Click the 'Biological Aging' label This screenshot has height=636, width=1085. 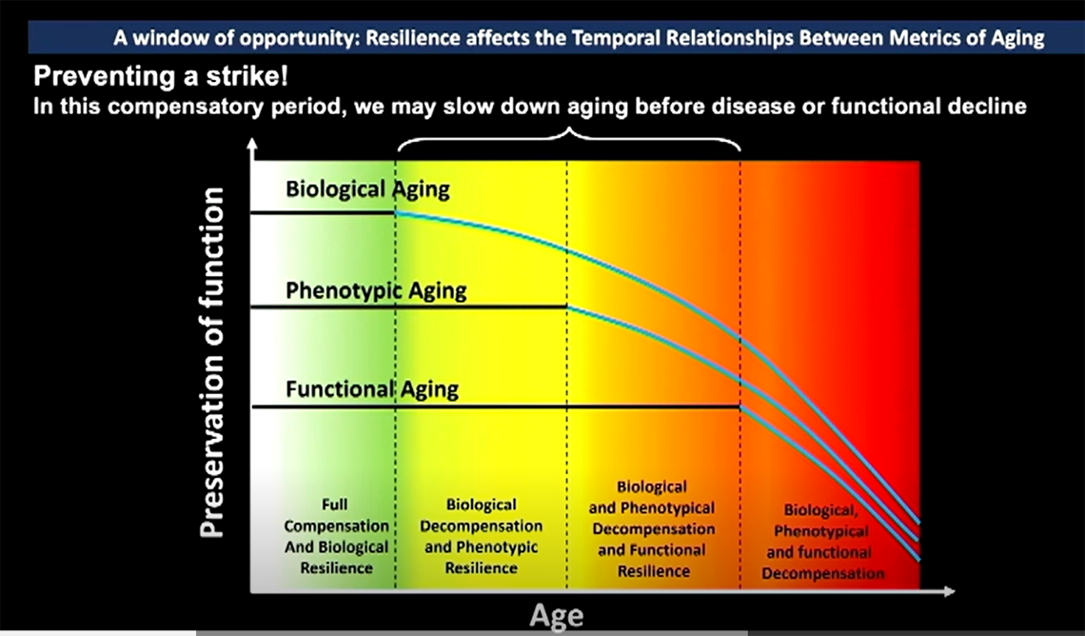pyautogui.click(x=367, y=189)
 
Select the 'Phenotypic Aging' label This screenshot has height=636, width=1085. pyautogui.click(x=376, y=290)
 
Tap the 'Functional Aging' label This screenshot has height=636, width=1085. pyautogui.click(x=372, y=389)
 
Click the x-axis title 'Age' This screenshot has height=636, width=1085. pyautogui.click(x=557, y=616)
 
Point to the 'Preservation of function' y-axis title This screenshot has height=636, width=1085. pyautogui.click(x=214, y=362)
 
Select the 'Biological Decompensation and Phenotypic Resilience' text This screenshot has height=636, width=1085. pyautogui.click(x=481, y=536)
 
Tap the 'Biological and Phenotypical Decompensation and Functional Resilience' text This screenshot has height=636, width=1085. pyautogui.click(x=652, y=528)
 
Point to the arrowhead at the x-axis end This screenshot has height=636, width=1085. pyautogui.click(x=949, y=592)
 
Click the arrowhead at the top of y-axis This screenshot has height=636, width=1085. pyautogui.click(x=252, y=144)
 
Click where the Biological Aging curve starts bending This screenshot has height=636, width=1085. pyautogui.click(x=396, y=212)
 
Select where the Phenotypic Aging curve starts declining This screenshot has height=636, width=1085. pyautogui.click(x=568, y=307)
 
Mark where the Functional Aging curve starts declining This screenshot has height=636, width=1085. pyautogui.click(x=740, y=407)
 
